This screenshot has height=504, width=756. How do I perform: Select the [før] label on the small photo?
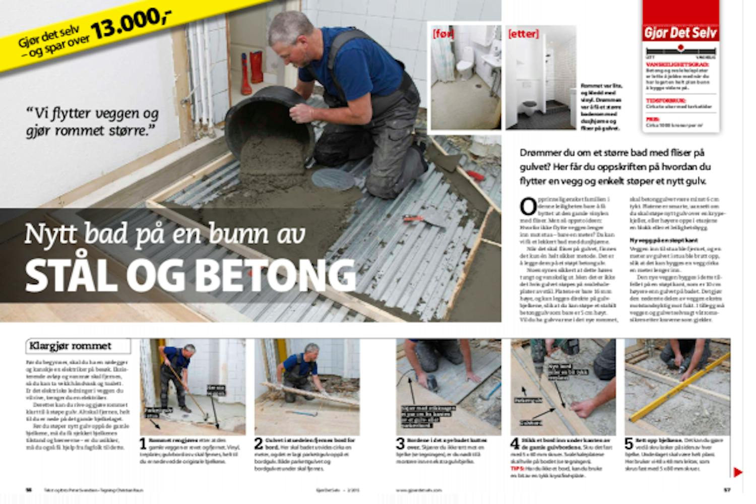(x=443, y=34)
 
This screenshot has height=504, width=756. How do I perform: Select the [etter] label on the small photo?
(x=523, y=34)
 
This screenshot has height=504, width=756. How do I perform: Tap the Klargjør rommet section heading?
(x=71, y=346)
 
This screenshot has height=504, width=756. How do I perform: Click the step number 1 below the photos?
(x=143, y=444)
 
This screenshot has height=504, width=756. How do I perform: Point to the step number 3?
(x=400, y=444)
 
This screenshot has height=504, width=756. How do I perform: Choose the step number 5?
(x=628, y=444)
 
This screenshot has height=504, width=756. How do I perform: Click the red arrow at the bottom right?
(x=738, y=472)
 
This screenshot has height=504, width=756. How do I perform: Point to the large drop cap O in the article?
(x=528, y=207)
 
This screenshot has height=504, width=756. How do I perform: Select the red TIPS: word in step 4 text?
(x=518, y=468)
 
